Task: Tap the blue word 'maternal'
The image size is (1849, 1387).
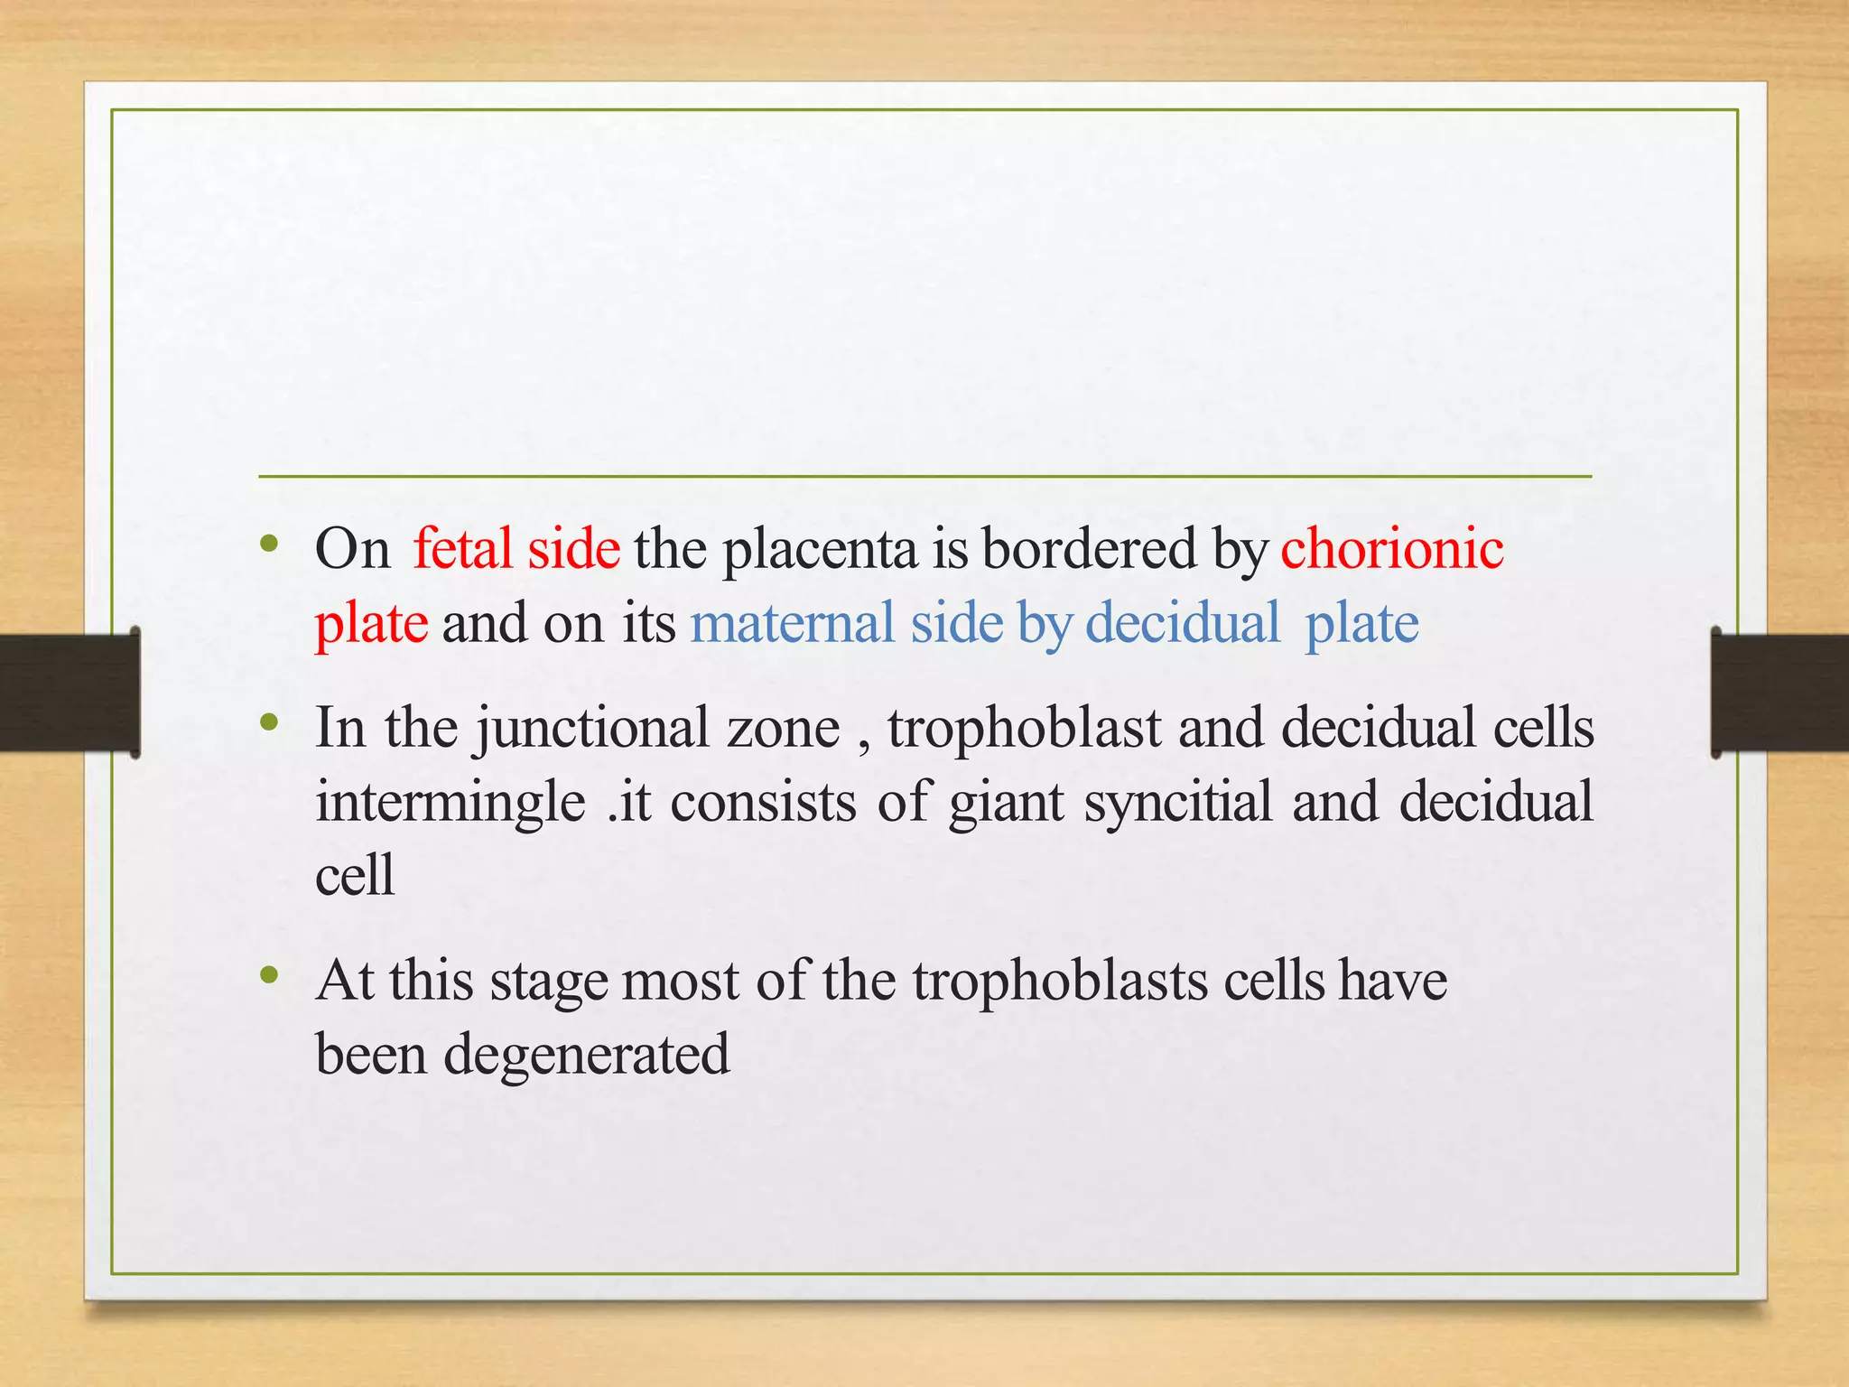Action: [x=792, y=622]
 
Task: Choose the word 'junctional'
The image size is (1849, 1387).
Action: [x=592, y=728]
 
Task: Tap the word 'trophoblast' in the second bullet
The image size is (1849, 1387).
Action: [x=1024, y=728]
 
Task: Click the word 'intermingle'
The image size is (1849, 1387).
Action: [x=451, y=801]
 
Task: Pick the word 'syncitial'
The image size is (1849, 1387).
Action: [x=1177, y=801]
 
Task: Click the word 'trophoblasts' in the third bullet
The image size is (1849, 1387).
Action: [x=1059, y=981]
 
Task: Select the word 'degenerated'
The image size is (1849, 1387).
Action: [x=586, y=1054]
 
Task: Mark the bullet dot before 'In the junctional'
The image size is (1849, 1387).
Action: [x=268, y=722]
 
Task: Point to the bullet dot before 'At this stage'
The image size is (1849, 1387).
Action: [x=268, y=975]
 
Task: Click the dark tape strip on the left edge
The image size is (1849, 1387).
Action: [x=69, y=693]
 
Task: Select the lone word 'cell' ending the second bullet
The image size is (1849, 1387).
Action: [x=355, y=874]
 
